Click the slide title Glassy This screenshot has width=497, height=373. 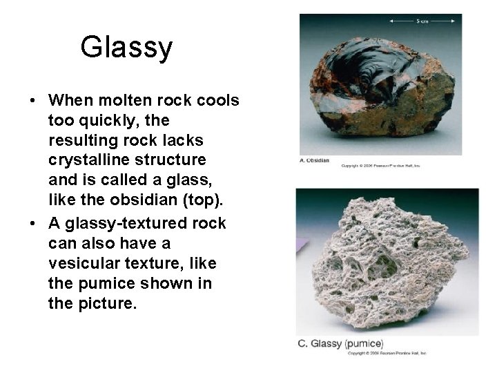126,48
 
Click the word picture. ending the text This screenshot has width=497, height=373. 105,304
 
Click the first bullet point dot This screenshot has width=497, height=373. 32,101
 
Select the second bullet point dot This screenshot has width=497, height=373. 32,223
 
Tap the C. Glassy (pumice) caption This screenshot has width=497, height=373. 340,344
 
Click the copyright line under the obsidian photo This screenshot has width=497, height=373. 380,166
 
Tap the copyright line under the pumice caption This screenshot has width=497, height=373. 387,353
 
